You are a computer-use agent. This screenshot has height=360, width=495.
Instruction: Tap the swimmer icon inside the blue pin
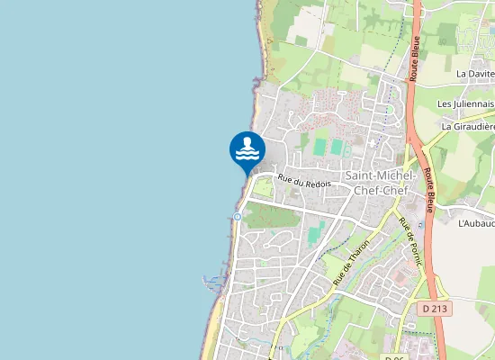click(x=247, y=148)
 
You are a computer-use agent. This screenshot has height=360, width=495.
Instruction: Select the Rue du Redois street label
click(x=305, y=181)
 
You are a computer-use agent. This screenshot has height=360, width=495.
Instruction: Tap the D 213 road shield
click(x=435, y=308)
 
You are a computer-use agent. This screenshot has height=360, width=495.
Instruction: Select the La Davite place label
click(x=475, y=74)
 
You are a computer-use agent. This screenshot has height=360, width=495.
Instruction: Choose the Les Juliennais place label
click(x=465, y=103)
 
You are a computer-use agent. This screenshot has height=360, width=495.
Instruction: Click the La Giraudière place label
click(x=469, y=127)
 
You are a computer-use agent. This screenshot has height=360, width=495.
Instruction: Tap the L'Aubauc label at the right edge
click(x=476, y=222)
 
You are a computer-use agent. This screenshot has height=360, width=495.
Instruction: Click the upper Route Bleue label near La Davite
click(x=416, y=59)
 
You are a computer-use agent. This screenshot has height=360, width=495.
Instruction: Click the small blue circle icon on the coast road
click(x=237, y=216)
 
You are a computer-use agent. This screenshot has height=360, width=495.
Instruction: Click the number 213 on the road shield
click(x=439, y=308)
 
